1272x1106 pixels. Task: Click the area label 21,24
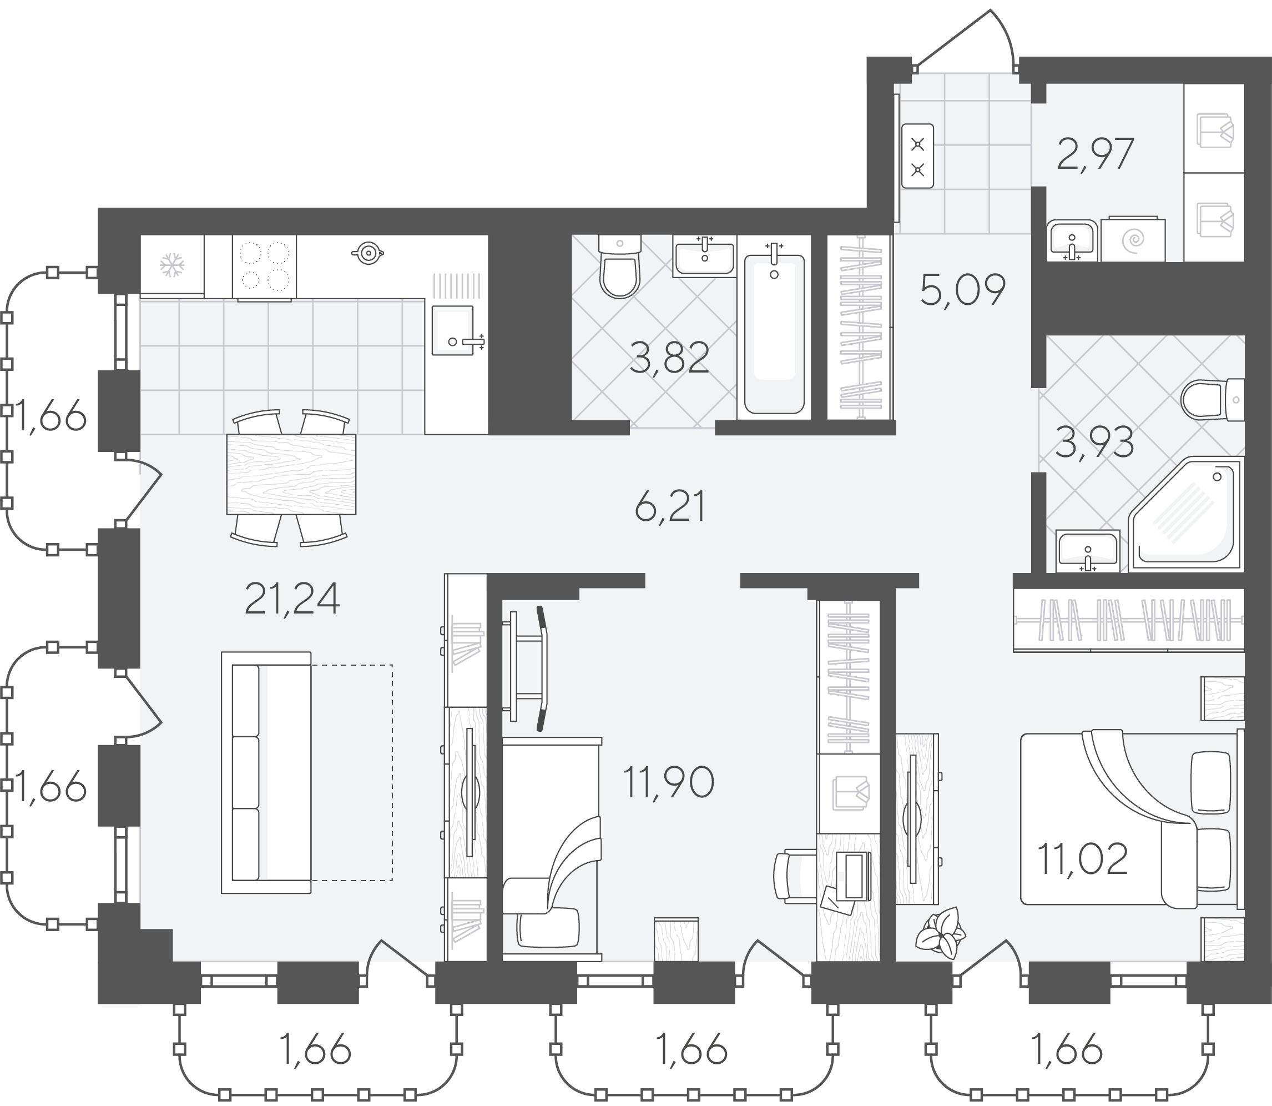[292, 599]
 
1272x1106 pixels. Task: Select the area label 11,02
[1083, 859]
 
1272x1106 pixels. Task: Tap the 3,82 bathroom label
[669, 358]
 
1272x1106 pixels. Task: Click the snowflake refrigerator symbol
[172, 266]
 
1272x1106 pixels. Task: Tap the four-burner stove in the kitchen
[264, 267]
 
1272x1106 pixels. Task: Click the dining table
[291, 474]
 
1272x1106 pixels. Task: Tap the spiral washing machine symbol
[1133, 239]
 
